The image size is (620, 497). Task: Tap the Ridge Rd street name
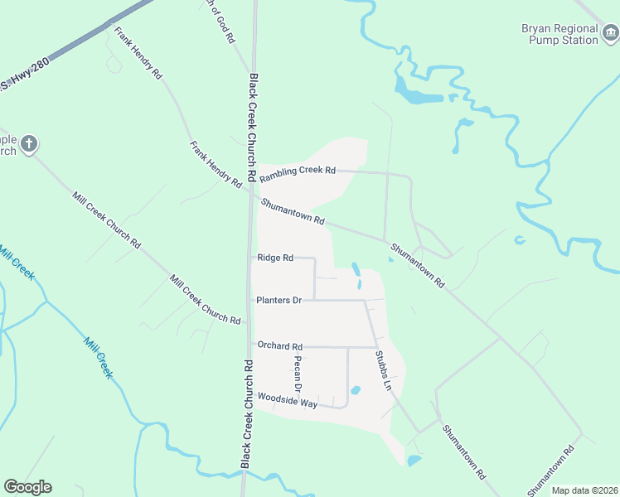(276, 258)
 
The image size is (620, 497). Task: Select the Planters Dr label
(279, 300)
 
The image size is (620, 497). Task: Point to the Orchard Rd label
(280, 346)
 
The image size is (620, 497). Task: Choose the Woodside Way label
(288, 401)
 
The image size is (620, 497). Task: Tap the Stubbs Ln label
(382, 370)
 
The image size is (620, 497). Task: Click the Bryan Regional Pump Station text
(559, 34)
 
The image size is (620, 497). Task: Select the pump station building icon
(610, 33)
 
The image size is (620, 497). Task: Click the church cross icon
(29, 144)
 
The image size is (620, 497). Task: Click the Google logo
(27, 487)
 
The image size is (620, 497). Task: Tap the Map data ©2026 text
(585, 490)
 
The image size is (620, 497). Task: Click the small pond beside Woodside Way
(356, 390)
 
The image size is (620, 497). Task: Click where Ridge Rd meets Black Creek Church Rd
(251, 258)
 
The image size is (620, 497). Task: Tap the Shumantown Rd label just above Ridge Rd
(293, 212)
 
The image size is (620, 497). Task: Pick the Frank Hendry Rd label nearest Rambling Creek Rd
(215, 164)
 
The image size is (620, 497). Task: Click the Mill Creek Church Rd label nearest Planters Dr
(205, 300)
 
